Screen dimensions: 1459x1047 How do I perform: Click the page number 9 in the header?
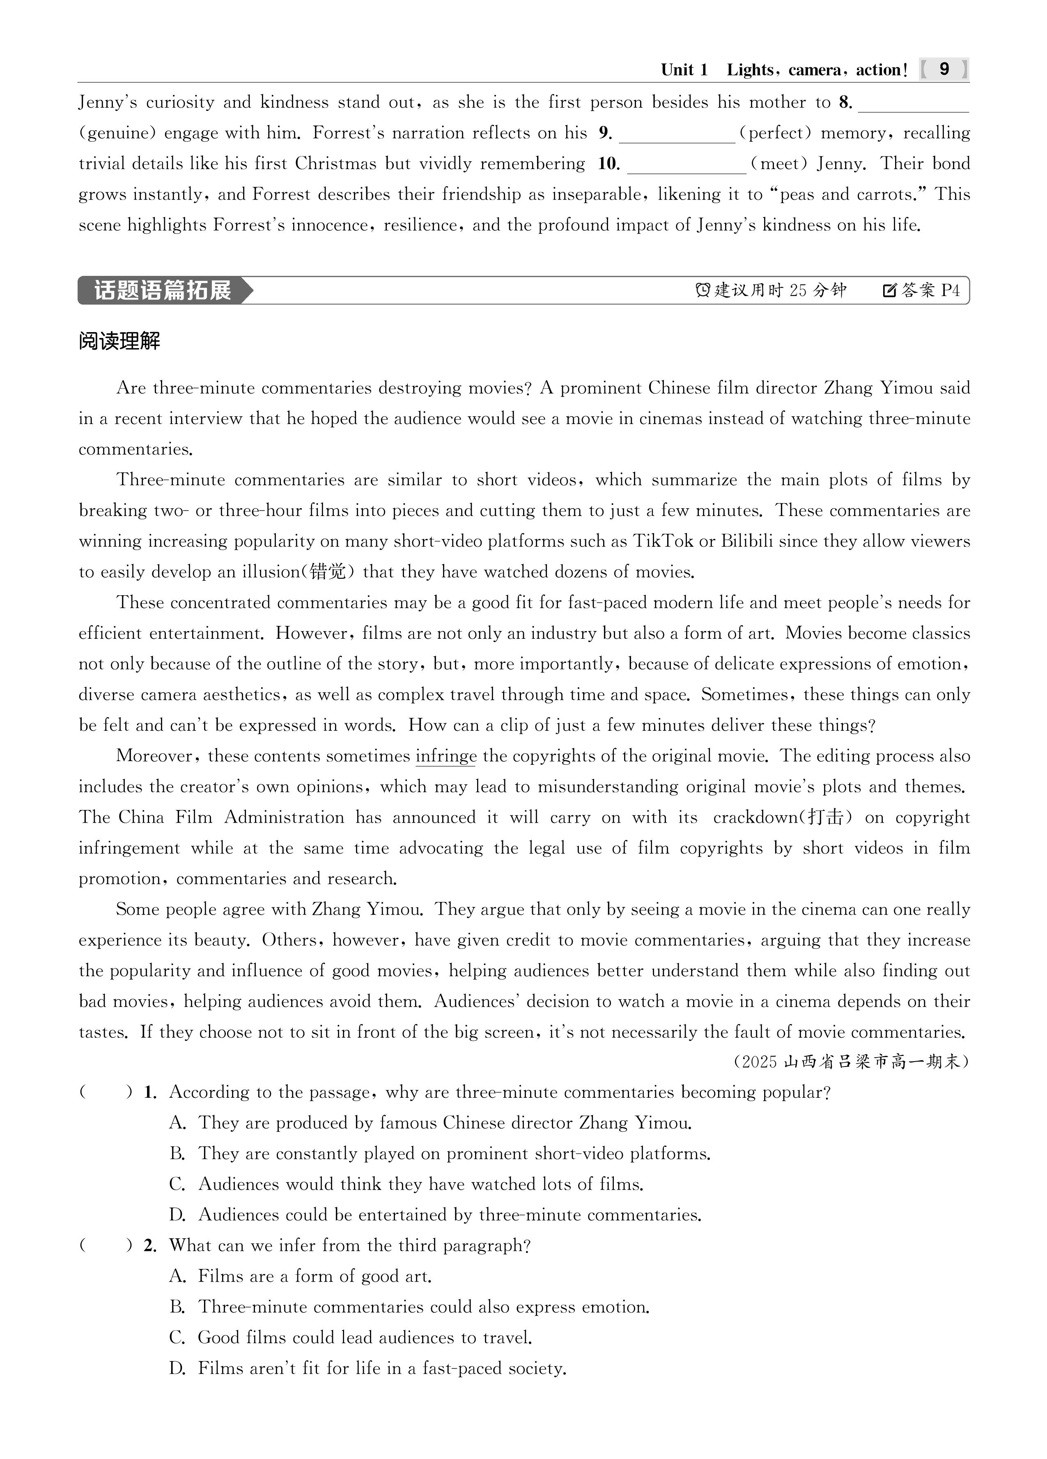[x=944, y=69]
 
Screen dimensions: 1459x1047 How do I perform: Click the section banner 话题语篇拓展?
[x=163, y=291]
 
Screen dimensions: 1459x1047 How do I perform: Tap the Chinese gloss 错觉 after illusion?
[x=328, y=572]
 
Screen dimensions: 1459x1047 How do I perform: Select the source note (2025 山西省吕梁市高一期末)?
[x=851, y=1062]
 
